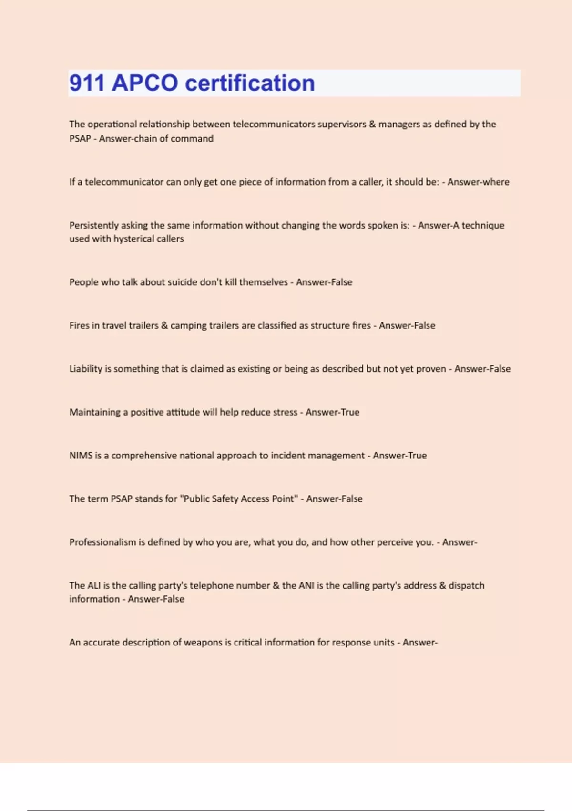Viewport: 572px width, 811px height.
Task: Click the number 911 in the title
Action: (x=87, y=83)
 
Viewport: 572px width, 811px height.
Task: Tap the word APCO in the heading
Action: (x=145, y=83)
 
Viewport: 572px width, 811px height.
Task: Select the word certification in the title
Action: (x=250, y=83)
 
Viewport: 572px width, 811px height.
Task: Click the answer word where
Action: (x=495, y=182)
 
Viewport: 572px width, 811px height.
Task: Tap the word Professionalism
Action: (x=102, y=542)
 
